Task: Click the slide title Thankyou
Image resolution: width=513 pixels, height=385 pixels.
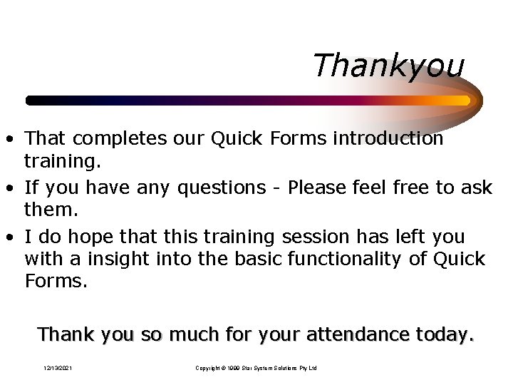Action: pos(388,66)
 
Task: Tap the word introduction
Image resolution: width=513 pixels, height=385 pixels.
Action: pos(388,138)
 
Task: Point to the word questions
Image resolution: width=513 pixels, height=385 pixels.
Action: pos(217,188)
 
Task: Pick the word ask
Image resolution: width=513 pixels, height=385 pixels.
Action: pos(477,188)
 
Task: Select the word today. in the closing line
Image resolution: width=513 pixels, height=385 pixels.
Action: pos(445,334)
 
